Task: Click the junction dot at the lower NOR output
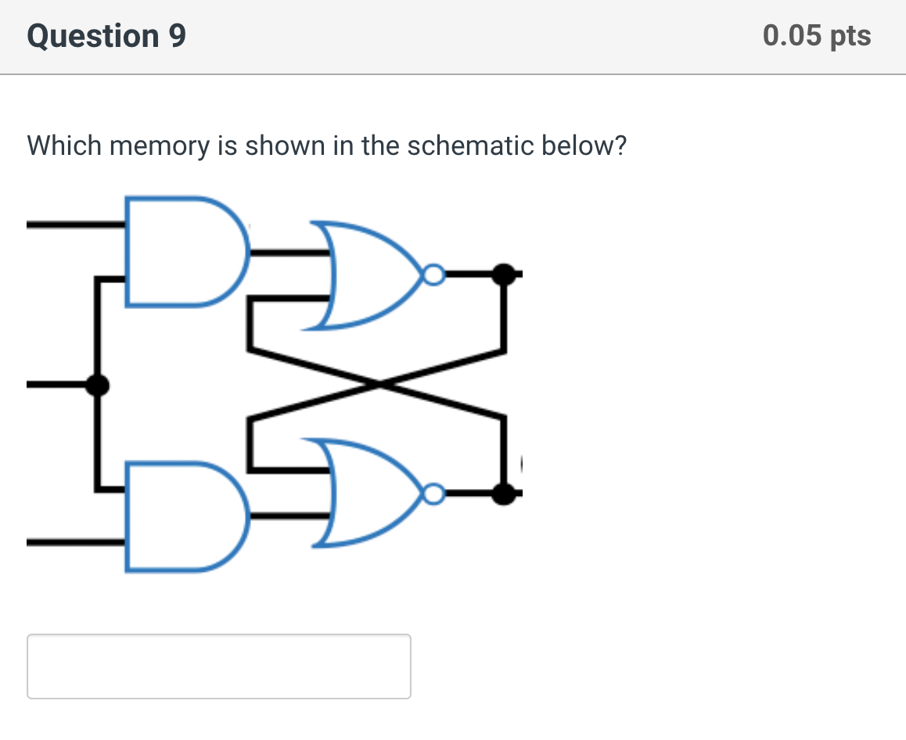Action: (505, 494)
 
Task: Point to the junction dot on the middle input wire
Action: (97, 384)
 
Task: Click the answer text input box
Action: (219, 666)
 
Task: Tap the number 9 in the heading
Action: (177, 37)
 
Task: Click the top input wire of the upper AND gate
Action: (75, 225)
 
